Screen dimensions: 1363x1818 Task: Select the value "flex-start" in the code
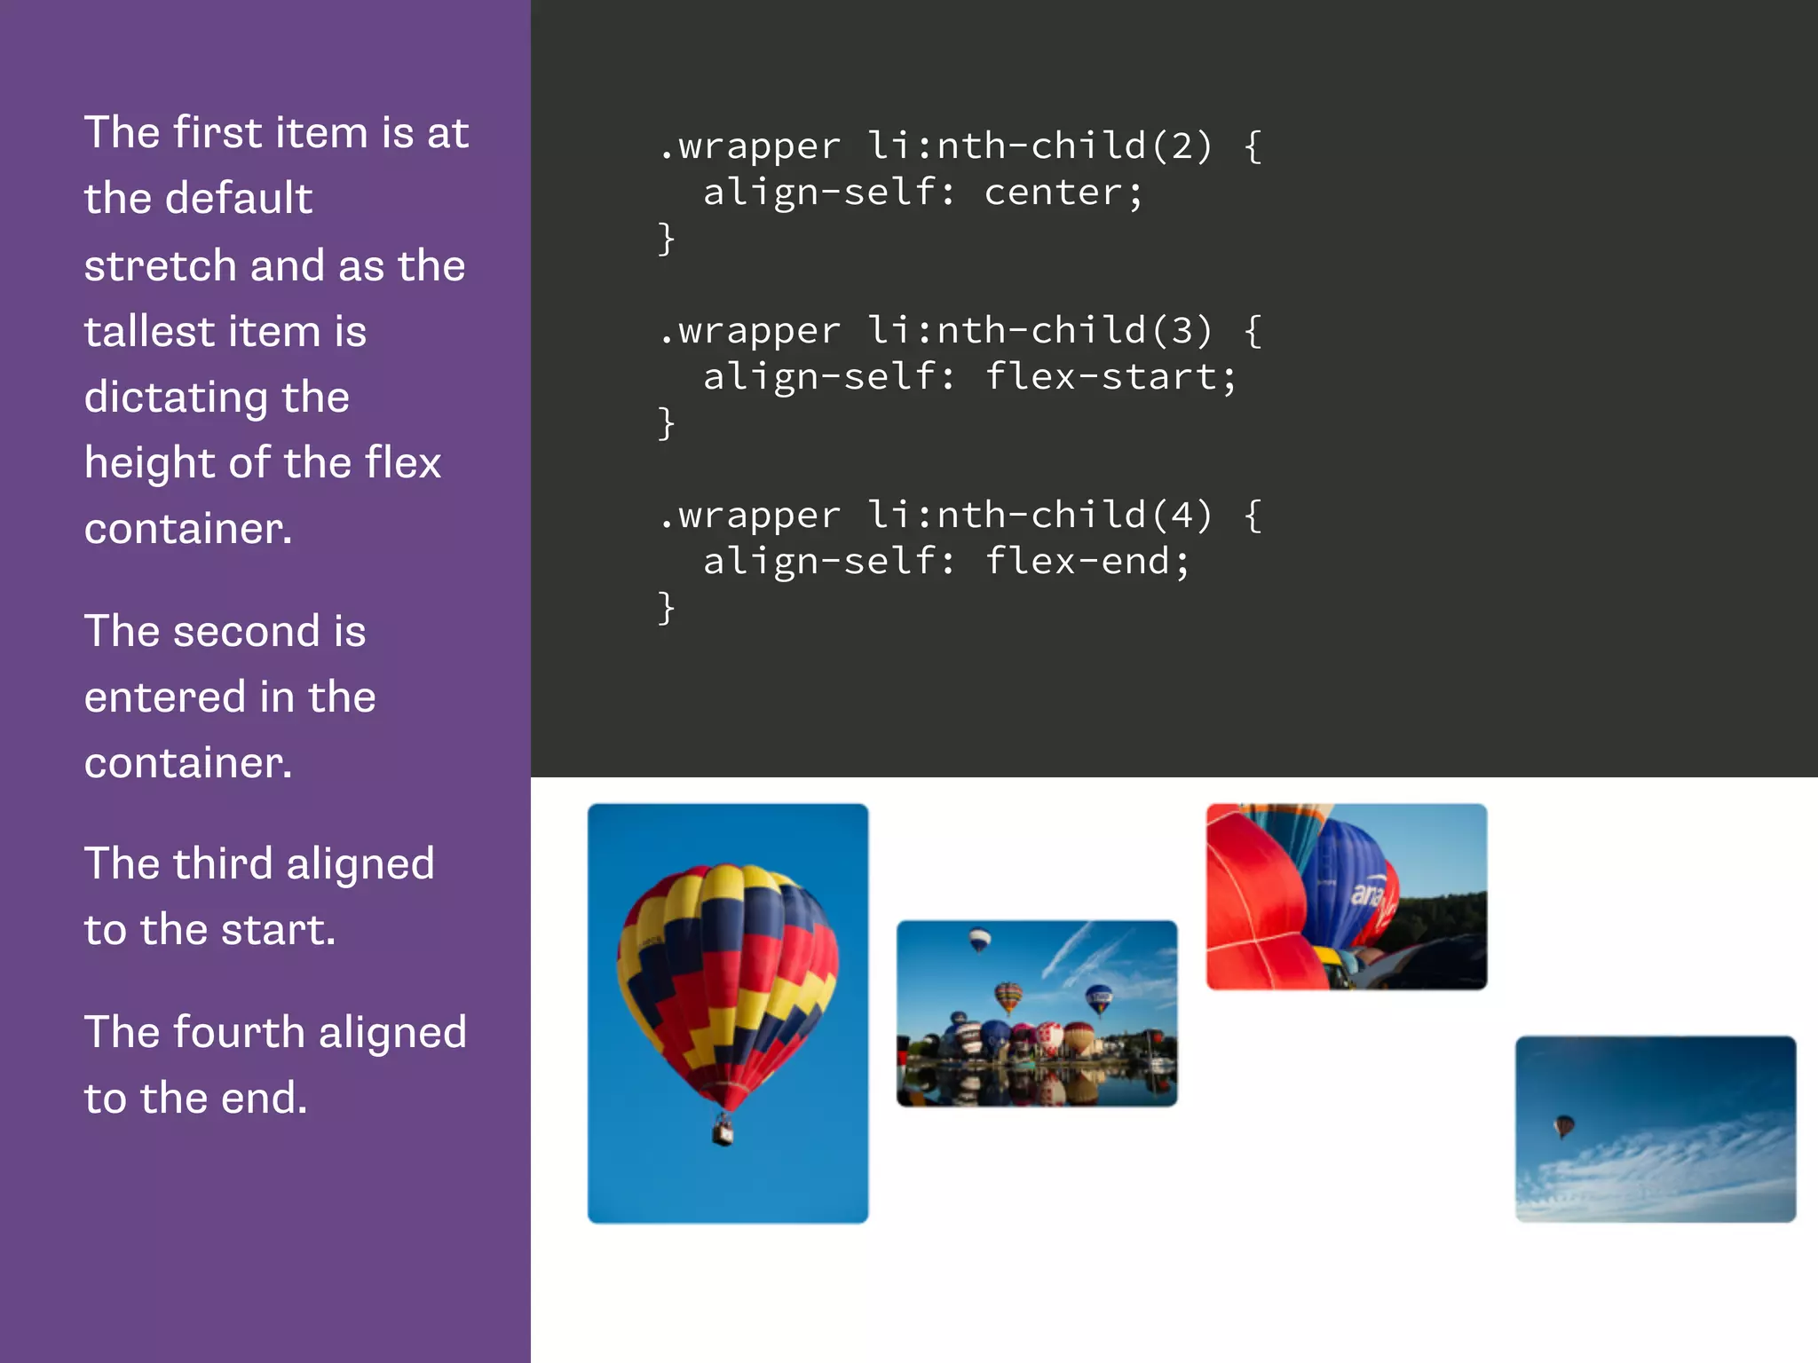click(1100, 377)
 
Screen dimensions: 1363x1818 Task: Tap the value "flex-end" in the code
click(1077, 562)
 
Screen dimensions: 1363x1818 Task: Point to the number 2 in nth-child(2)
click(1182, 146)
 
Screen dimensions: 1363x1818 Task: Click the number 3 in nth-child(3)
click(1182, 330)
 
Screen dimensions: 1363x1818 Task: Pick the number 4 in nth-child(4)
click(1182, 515)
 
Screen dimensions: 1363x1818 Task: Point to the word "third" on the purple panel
click(223, 864)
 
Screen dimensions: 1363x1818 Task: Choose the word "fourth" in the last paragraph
click(239, 1033)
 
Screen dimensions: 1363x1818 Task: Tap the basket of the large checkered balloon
click(723, 1131)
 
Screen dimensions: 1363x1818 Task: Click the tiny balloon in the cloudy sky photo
click(1563, 1126)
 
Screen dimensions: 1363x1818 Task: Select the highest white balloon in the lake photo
click(979, 938)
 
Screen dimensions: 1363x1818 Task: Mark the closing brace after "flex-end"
click(666, 608)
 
